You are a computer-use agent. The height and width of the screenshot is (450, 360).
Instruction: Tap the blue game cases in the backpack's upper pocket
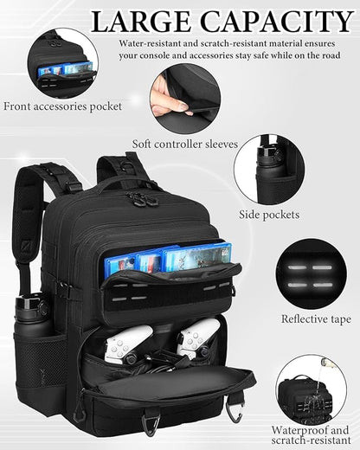click(x=164, y=257)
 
